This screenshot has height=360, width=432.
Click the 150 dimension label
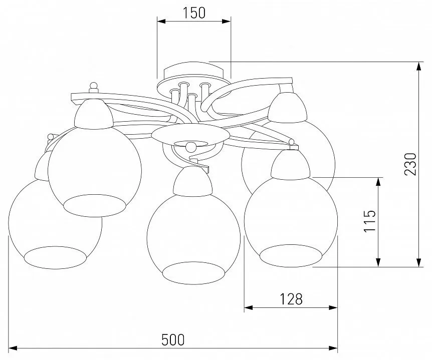[x=194, y=13]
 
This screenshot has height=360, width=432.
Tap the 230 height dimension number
[x=410, y=164]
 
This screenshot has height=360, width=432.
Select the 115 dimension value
[x=370, y=221]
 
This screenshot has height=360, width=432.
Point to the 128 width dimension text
[x=291, y=299]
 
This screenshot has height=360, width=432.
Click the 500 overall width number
[x=173, y=339]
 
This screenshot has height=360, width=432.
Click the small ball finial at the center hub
[x=191, y=147]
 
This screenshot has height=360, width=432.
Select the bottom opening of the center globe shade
[x=193, y=273]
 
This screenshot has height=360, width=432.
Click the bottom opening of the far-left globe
[x=55, y=258]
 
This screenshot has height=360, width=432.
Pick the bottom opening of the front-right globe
[x=291, y=256]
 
